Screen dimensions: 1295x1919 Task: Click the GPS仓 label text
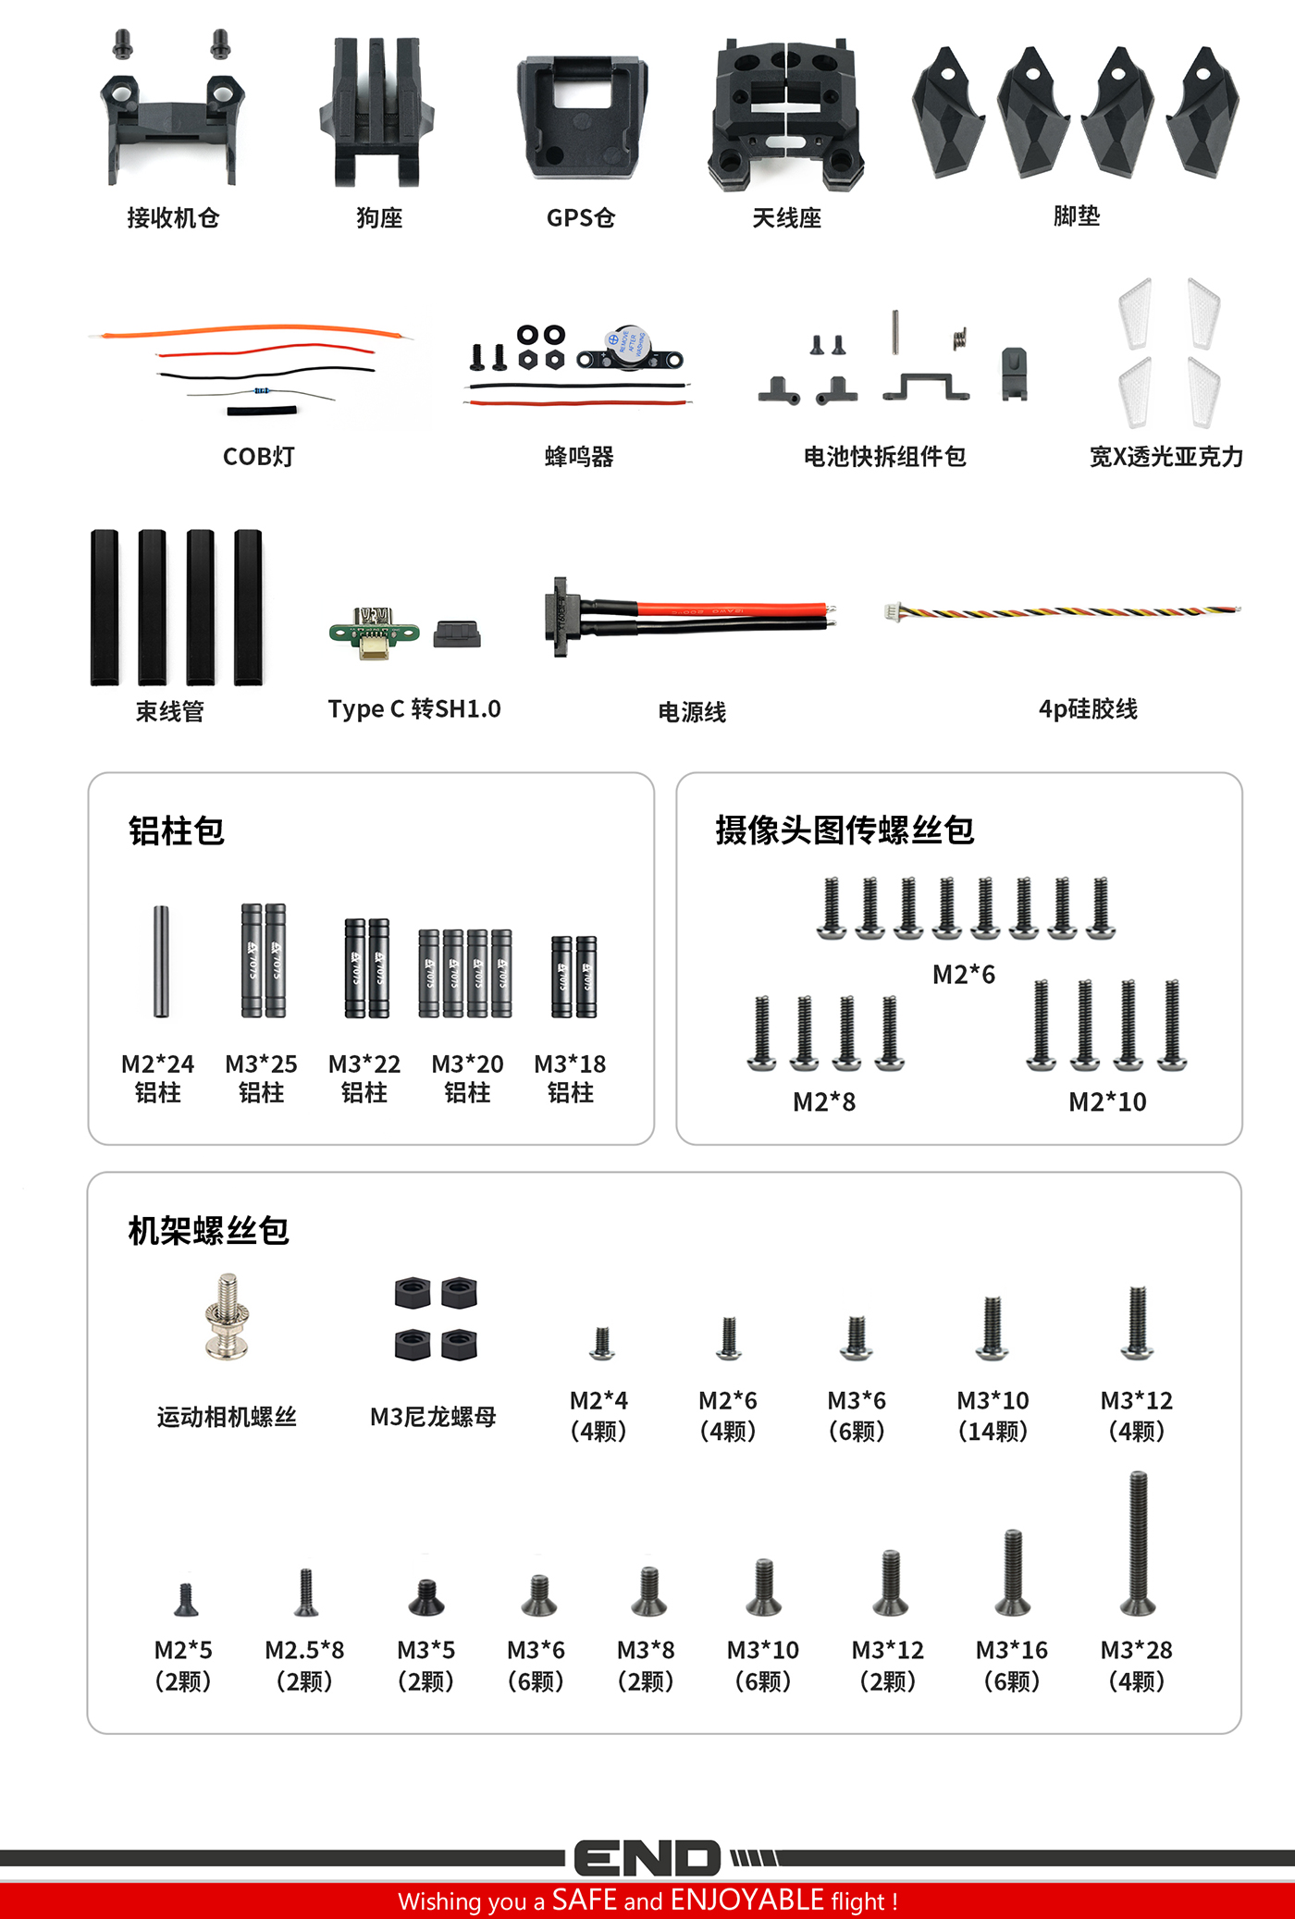coord(580,217)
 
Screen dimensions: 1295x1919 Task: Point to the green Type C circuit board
coord(374,632)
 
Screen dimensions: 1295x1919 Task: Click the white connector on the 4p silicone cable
coord(892,611)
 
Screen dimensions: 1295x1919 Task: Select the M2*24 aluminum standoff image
coord(161,961)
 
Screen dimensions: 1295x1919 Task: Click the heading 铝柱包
coord(177,830)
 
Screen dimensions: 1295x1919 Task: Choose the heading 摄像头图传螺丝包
coord(845,830)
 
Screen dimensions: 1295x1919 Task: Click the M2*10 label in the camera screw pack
coord(1107,1101)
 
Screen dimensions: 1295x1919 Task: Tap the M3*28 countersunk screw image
coord(1138,1543)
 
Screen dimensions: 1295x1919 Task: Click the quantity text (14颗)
coord(993,1432)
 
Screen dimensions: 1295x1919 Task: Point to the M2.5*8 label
coord(304,1650)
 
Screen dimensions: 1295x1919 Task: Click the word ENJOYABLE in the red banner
coord(746,1900)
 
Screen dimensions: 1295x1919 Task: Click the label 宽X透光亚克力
coord(1165,457)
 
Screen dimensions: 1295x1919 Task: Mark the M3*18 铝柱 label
coord(570,1078)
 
